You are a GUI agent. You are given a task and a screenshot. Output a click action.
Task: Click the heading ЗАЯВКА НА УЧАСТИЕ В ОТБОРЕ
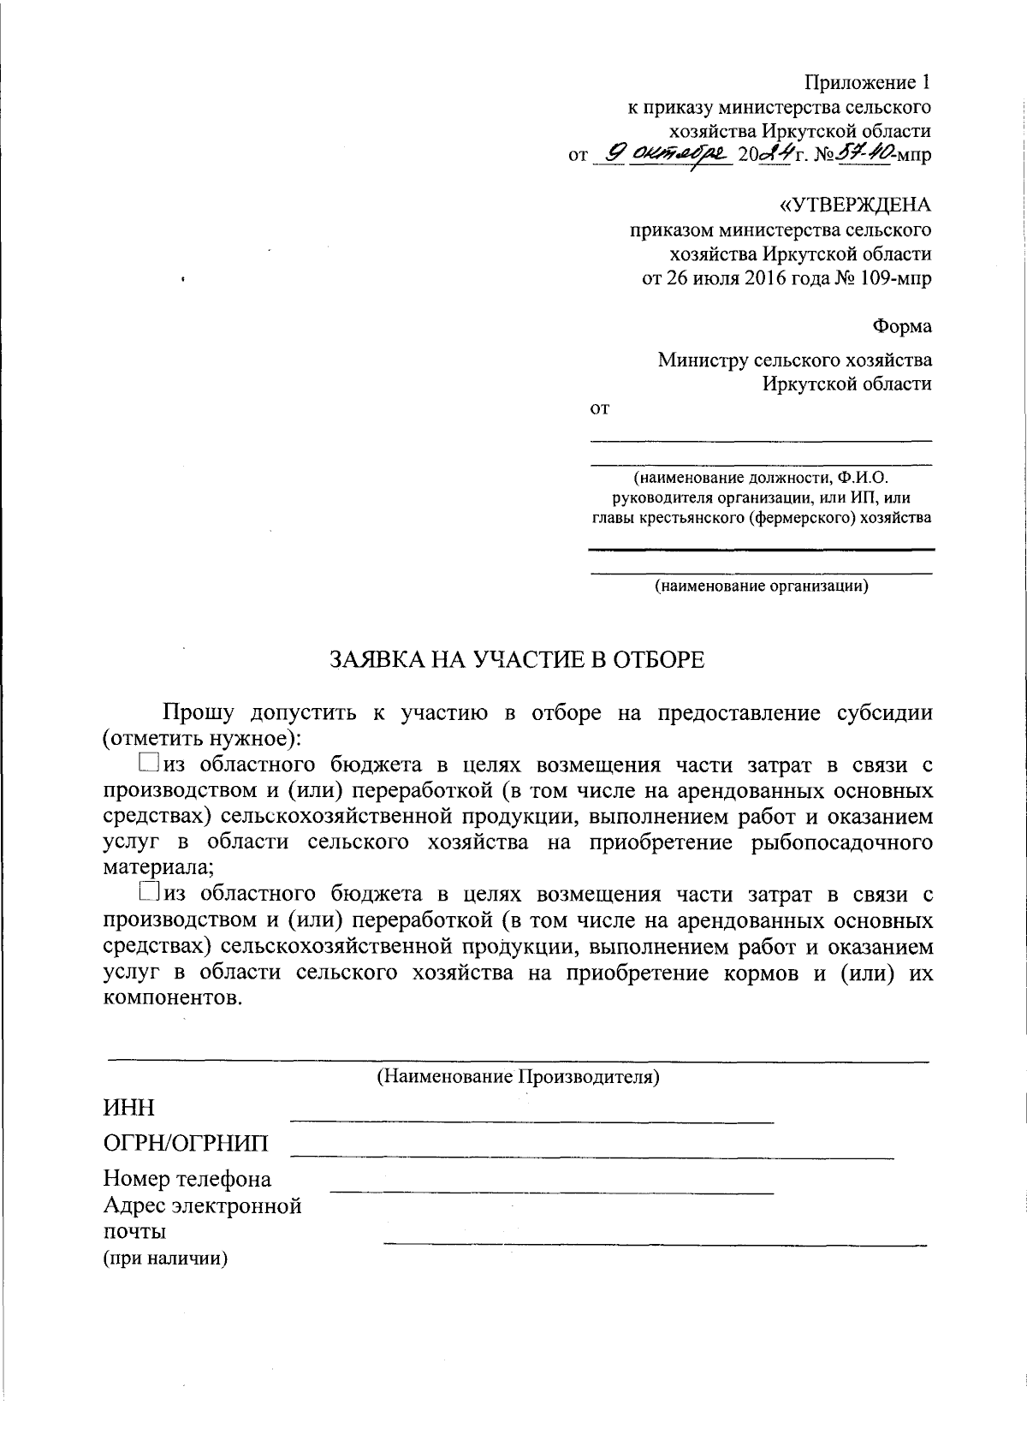[x=517, y=659]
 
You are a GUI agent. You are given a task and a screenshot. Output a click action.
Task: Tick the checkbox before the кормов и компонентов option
[x=148, y=893]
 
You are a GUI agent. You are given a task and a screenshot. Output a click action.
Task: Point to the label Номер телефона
[x=187, y=1179]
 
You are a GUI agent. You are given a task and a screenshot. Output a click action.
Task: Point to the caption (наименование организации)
[x=762, y=586]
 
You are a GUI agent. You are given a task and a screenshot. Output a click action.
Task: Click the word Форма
[x=902, y=327]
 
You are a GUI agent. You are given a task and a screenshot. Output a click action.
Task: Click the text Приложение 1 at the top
[x=867, y=83]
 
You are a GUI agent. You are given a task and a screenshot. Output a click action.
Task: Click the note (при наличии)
[x=165, y=1259]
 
